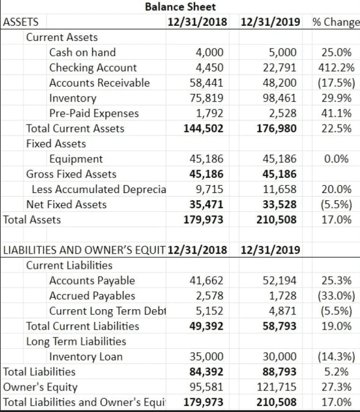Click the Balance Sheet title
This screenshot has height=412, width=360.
pos(180,7)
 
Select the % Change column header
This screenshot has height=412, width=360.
pos(336,22)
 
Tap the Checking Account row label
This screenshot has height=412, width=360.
pos(93,68)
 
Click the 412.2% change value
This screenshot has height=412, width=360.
pos(337,68)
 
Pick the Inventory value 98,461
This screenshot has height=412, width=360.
pos(279,98)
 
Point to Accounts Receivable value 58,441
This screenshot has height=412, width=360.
pos(206,83)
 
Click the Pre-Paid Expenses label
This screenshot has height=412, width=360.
pos(94,113)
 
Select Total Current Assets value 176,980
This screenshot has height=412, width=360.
pos(277,129)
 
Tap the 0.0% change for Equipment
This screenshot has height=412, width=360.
pos(337,159)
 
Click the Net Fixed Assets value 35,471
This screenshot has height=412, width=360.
pos(206,204)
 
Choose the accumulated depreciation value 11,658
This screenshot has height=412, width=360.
pos(279,189)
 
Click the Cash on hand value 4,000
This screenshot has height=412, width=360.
pos(209,52)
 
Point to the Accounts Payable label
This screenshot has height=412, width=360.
pos(92,281)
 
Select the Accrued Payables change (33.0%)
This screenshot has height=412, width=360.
pos(337,296)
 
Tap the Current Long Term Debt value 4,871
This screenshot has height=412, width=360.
pos(282,311)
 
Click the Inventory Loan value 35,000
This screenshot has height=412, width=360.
pos(206,357)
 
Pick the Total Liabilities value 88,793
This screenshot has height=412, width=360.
pos(279,372)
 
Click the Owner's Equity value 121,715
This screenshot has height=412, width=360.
pos(277,387)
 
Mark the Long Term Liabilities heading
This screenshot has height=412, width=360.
pos(76,341)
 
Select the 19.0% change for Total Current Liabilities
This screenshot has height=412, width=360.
pos(337,326)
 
